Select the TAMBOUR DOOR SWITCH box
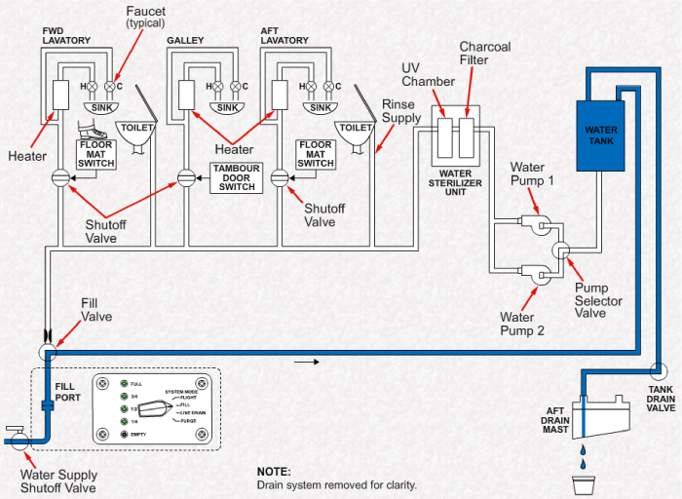click(x=236, y=178)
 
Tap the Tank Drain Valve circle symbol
click(x=659, y=372)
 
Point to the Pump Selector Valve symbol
click(x=563, y=250)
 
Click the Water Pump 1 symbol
click(x=534, y=223)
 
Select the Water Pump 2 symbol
click(x=534, y=275)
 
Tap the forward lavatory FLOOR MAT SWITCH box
click(x=96, y=154)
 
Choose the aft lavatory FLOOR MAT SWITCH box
click(x=316, y=154)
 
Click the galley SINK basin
click(x=227, y=107)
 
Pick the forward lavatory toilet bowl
click(x=134, y=134)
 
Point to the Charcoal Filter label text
click(x=484, y=54)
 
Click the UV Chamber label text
click(x=424, y=75)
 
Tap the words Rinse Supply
click(x=400, y=110)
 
